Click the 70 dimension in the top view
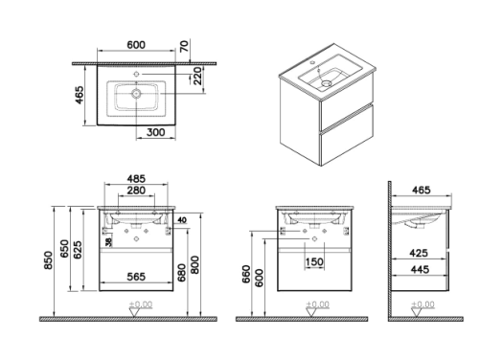point(184,46)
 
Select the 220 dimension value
point(198,76)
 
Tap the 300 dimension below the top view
point(155,132)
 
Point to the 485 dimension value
point(136,178)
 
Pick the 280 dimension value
point(136,191)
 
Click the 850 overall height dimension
point(48,260)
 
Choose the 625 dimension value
point(78,250)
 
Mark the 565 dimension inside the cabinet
point(136,277)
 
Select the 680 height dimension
point(182,273)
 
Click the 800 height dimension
point(195,264)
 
